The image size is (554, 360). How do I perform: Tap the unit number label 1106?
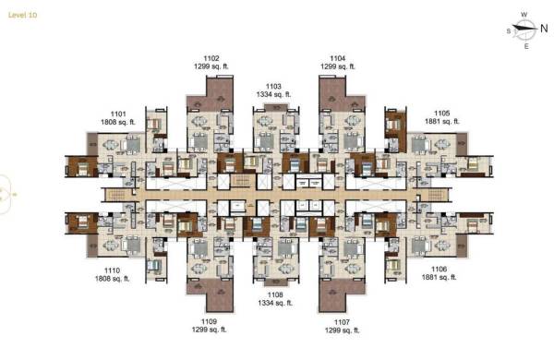[439, 269]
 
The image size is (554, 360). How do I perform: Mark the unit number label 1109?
[207, 320]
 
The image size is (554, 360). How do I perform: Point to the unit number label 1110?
[112, 270]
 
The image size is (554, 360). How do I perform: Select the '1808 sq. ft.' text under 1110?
[112, 278]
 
